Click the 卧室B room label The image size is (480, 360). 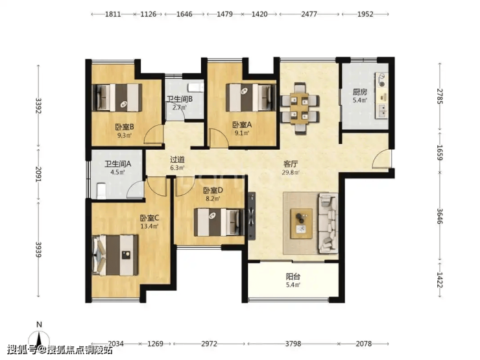coord(125,126)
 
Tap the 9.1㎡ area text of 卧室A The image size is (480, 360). coord(242,133)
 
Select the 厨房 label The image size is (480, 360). coord(360,92)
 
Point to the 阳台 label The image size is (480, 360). coord(293,277)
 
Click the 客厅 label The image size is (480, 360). coord(291,164)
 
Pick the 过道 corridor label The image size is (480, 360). coord(177,160)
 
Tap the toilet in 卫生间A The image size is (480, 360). coord(101,191)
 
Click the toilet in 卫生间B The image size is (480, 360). coord(196,87)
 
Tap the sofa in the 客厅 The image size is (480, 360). coord(328,223)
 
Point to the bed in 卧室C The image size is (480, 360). coord(115,255)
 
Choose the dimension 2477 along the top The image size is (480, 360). coord(309,14)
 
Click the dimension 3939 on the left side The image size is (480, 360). coord(38,250)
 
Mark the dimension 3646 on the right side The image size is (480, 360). coord(440,216)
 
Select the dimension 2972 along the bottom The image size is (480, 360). coord(209,344)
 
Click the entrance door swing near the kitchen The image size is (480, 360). coord(381,159)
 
